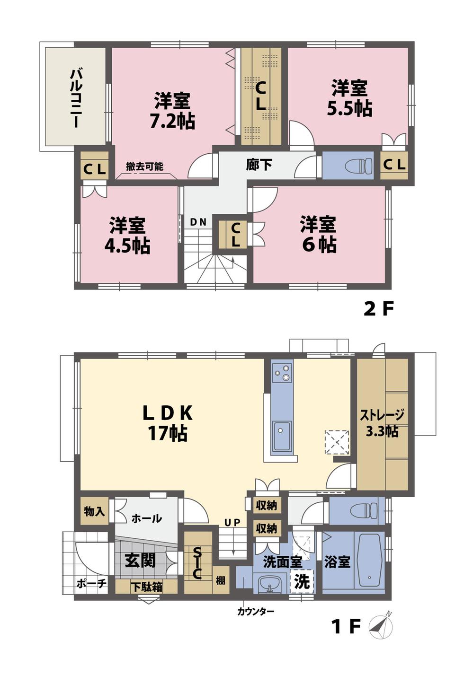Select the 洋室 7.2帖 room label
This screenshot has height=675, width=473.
tap(172, 111)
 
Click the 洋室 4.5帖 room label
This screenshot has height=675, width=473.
tap(127, 236)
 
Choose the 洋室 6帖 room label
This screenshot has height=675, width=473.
tap(318, 235)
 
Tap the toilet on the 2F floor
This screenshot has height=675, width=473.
tap(358, 166)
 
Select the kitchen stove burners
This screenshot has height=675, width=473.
tap(282, 372)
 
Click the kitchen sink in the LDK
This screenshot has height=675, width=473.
tap(282, 435)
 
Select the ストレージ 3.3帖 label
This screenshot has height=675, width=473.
tap(382, 423)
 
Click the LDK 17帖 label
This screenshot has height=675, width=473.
tap(168, 423)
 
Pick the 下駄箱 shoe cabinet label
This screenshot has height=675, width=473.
tap(146, 587)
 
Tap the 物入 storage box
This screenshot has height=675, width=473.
tap(94, 511)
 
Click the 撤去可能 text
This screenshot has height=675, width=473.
tap(144, 167)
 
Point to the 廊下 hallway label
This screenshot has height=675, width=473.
tap(259, 165)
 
